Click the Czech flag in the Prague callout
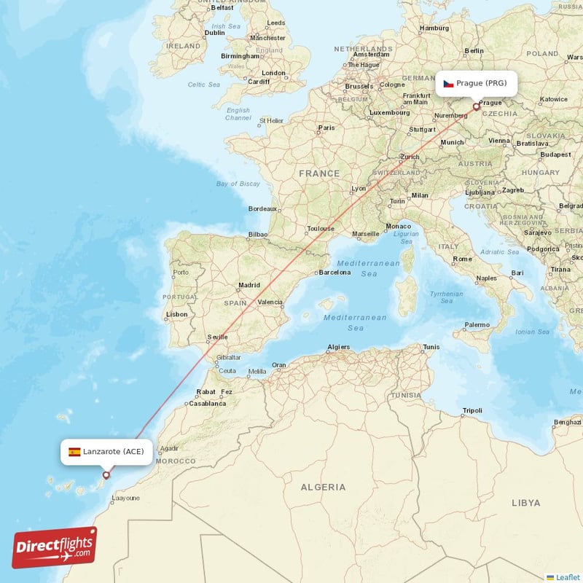coord(449,84)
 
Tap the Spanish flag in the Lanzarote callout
coord(74,452)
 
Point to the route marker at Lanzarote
coord(106,475)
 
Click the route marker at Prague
coord(477,106)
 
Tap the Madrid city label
coord(249,285)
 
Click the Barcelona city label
coord(335,273)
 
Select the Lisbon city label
coord(177,315)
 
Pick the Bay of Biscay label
coord(238,184)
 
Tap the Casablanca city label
coord(208,403)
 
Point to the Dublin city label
coord(215,33)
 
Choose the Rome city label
coord(462,259)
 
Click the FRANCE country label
coord(319,173)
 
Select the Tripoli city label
coord(472,410)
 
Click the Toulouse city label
coord(321,228)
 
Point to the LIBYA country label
coord(525,503)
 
